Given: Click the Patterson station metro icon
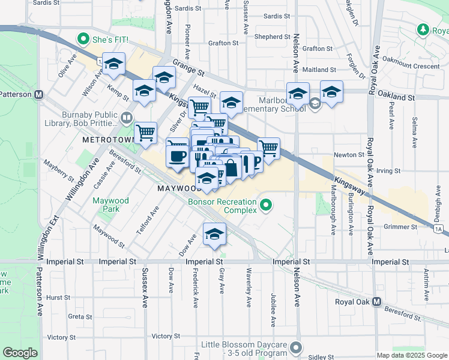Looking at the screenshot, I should tap(39, 94).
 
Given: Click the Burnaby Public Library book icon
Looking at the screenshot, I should tap(127, 117).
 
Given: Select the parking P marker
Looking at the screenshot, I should tap(257, 161).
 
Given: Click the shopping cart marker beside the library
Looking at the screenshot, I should tap(145, 133).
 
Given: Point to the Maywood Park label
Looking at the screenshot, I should tap(106, 205).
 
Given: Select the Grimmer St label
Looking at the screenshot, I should tap(400, 227).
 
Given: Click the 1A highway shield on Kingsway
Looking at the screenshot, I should tap(439, 229).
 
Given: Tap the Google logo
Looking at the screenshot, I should tap(20, 353).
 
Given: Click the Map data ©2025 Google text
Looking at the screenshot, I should tap(412, 355).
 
